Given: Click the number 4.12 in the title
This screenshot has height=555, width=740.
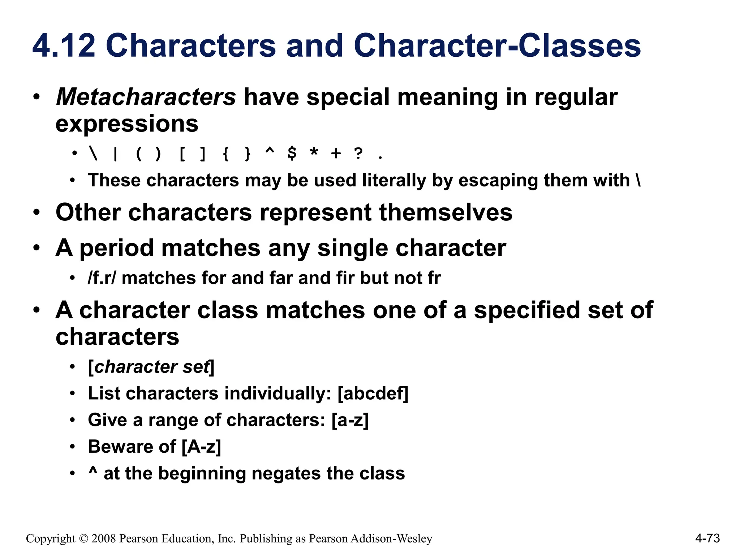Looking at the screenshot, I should pos(64,46).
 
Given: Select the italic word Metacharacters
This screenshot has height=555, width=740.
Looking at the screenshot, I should pos(146,97).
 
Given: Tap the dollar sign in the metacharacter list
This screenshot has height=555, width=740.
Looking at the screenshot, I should pos(292,154).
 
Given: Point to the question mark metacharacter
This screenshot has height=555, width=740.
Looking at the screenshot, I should pos(358,154).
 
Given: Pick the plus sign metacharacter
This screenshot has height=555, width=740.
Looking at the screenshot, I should pos(336,154).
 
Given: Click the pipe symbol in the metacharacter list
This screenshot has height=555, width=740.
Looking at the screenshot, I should pos(115,154).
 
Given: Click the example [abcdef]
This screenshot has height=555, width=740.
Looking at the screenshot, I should pos(373,393).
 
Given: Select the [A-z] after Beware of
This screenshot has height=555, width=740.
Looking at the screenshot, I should pos(201,447).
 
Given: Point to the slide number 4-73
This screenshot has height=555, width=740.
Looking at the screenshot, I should pos(707,538).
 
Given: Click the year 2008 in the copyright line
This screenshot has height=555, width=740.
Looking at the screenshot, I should pos(104,539).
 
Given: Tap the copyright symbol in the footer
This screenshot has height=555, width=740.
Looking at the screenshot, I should pos(83,539).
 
